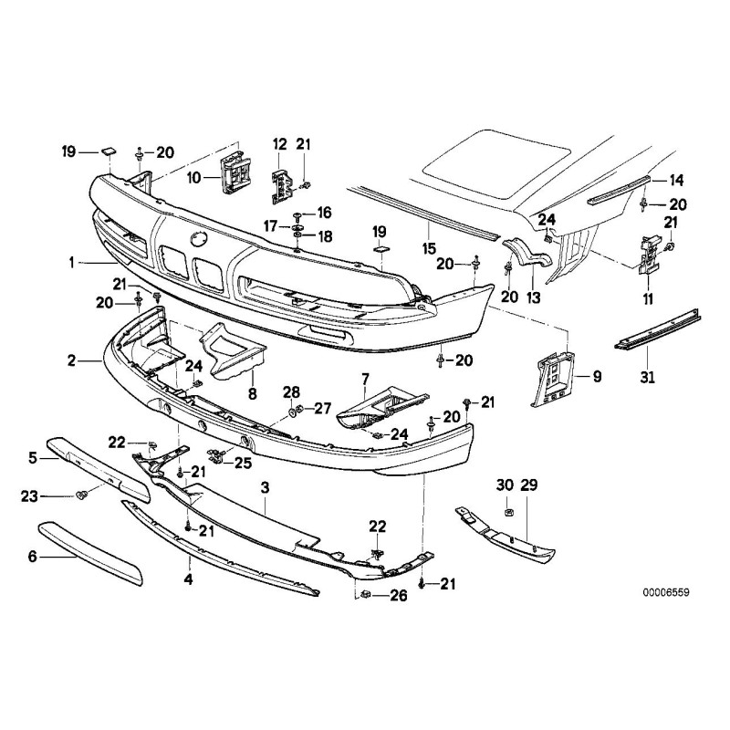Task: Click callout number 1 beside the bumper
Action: point(71,262)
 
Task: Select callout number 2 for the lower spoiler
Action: point(71,361)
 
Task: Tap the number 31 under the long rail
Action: point(648,375)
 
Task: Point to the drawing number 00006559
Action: point(665,592)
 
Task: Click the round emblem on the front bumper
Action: point(198,238)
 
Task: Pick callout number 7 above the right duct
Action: point(365,378)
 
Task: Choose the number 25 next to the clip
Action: point(242,464)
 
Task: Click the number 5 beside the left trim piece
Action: point(32,455)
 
